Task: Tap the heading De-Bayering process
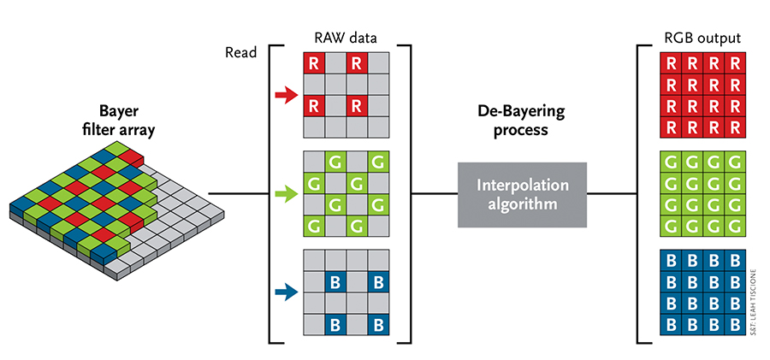click(x=513, y=122)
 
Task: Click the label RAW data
click(x=346, y=38)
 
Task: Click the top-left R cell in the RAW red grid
click(x=315, y=62)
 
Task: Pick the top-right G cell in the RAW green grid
click(x=378, y=162)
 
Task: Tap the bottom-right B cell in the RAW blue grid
click(x=378, y=325)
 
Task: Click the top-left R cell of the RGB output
click(x=672, y=62)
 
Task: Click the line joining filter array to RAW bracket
click(x=239, y=194)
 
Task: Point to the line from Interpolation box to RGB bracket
click(x=613, y=194)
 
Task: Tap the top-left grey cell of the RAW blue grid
click(x=315, y=260)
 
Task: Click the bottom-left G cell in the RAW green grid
click(x=315, y=226)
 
